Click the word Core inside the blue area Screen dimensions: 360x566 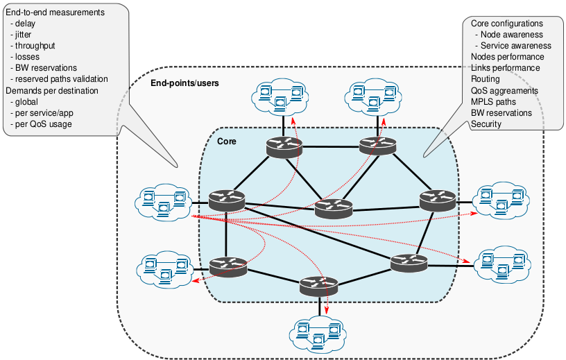227,142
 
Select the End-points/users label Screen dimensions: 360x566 185,83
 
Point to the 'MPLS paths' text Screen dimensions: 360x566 493,102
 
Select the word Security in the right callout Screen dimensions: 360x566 486,124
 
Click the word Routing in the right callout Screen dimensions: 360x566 485,80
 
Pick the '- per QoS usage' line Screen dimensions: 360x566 42,124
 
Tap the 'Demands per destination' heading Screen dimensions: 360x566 52,91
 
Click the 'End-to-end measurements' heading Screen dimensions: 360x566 55,12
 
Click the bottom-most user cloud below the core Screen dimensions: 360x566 318,335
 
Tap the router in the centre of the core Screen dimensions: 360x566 334,207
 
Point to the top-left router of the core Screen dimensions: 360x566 284,146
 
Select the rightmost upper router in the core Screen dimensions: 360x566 438,200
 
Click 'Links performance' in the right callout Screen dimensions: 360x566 505,68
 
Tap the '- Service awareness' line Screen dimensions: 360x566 512,46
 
